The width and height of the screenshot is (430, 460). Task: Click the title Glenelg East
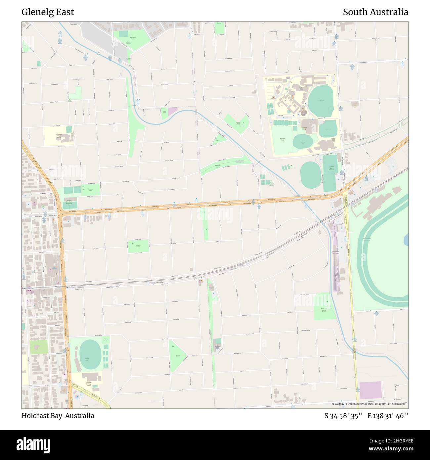48,12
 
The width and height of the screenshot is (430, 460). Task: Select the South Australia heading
375,12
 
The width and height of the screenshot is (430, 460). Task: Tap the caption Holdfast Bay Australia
58,416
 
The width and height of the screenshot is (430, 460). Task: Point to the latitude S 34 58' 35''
344,416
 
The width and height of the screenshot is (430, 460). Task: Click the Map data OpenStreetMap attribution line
369,404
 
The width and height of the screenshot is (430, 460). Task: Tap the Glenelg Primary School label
88,384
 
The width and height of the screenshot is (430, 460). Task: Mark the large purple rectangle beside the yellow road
370,391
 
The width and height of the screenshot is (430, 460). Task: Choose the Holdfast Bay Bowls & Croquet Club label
69,203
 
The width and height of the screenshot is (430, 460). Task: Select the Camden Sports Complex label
332,168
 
